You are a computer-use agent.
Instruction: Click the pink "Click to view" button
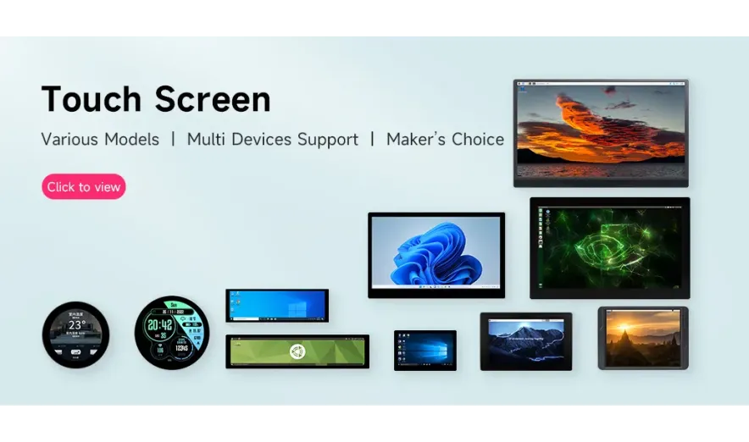tap(84, 187)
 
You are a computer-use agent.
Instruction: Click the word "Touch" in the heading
tap(92, 99)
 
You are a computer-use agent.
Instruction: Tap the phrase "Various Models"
tap(100, 140)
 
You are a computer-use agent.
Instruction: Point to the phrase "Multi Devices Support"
tap(272, 140)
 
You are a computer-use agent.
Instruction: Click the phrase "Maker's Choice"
tap(445, 140)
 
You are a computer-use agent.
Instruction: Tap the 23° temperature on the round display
tap(76, 324)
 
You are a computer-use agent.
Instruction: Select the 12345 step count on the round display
tap(181, 348)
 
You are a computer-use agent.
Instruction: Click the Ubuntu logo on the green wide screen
tap(297, 351)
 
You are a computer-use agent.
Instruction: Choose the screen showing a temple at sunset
tap(643, 338)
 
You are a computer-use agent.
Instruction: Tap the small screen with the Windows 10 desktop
tap(425, 350)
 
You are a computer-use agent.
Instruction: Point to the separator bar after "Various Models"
tap(174, 140)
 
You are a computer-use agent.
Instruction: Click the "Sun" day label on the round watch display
tap(172, 305)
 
